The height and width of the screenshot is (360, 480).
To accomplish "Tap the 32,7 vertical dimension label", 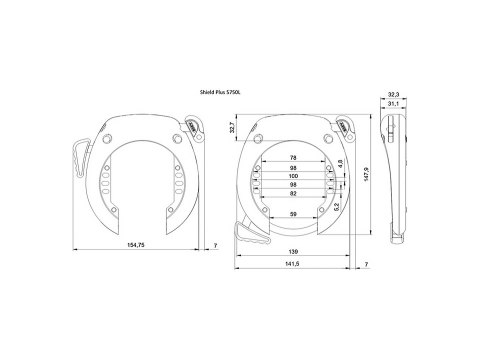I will [230, 129].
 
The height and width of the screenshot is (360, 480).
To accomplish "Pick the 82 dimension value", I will [292, 195].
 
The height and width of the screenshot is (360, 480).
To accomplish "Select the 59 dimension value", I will [292, 214].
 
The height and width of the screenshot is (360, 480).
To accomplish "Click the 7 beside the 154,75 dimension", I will [216, 245].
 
